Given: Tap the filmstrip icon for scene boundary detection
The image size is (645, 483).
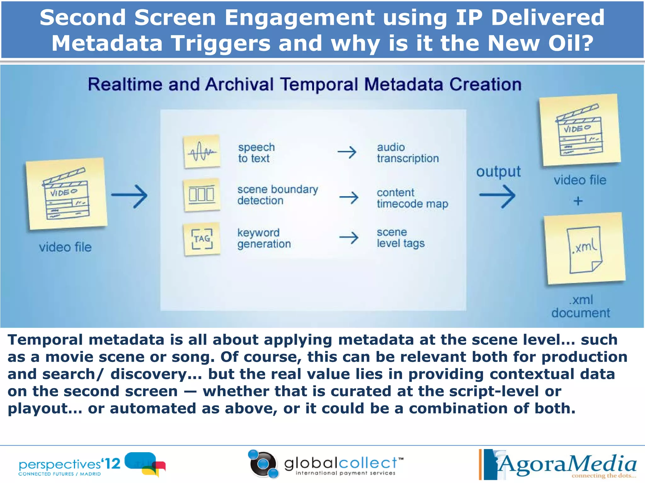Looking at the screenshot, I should coord(202,195).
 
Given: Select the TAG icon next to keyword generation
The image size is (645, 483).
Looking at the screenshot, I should coord(202,239).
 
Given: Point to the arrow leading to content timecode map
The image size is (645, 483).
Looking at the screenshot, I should coord(349,198).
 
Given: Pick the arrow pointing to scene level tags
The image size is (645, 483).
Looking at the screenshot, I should coord(349,238).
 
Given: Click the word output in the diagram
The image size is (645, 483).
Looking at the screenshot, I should coord(498,172).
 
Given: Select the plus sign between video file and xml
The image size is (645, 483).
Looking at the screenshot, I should coord(578,201).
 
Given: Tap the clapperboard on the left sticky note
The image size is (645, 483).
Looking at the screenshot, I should coord(66,195).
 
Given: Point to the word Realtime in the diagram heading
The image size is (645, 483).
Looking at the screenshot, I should coord(124,85).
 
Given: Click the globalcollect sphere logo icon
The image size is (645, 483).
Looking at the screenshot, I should coord(263,464).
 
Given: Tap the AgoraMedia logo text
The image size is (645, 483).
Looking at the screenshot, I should coord(567,464).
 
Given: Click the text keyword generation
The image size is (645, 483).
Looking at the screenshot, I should coord(264,238).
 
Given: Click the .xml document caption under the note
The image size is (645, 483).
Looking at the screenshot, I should coord(581,306).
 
